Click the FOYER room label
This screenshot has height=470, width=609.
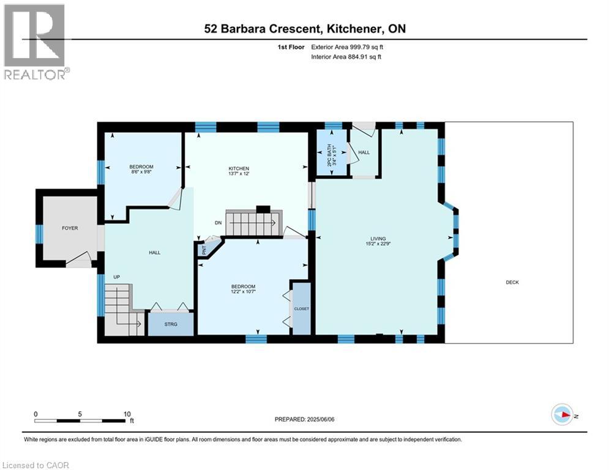click(70, 228)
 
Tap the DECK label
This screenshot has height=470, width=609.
click(512, 282)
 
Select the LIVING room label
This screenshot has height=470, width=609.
click(378, 239)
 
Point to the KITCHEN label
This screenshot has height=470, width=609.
click(239, 168)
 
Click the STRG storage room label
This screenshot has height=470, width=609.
click(171, 324)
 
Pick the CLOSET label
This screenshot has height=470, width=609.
click(302, 309)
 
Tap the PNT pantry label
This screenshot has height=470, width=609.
click(204, 250)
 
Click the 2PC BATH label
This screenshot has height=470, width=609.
click(329, 155)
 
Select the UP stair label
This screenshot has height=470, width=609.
click(116, 277)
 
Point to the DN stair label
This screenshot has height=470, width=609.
click(219, 223)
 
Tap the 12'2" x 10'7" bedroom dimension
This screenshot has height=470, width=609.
click(243, 291)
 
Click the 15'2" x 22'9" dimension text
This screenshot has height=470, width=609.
click(378, 244)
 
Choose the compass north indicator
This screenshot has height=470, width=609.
click(562, 416)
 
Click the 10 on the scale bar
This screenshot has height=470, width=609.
click(127, 414)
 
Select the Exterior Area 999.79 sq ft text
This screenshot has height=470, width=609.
click(347, 47)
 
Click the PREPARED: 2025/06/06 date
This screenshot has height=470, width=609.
click(305, 419)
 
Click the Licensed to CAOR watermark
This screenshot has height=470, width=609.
click(35, 465)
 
